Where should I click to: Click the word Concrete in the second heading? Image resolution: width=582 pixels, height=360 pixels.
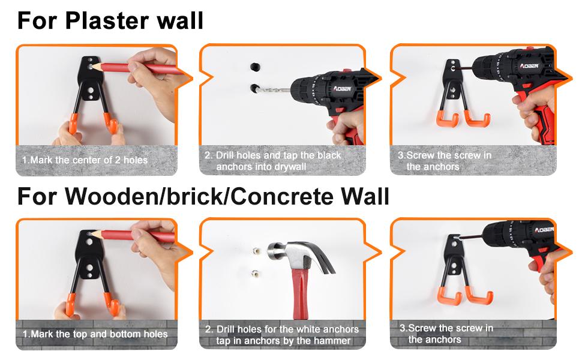pyautogui.click(x=282, y=196)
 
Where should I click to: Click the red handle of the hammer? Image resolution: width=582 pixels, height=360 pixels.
pyautogui.click(x=300, y=293)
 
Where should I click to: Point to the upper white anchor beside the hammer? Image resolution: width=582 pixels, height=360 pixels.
pyautogui.click(x=256, y=251)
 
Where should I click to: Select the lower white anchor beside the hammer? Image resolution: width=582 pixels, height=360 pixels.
pyautogui.click(x=255, y=274)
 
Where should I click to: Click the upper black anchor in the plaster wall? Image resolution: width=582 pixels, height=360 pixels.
pyautogui.click(x=254, y=67)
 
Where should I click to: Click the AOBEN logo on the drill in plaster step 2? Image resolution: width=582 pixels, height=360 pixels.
pyautogui.click(x=342, y=89)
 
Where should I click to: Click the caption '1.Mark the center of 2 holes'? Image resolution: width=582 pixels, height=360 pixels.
pyautogui.click(x=85, y=160)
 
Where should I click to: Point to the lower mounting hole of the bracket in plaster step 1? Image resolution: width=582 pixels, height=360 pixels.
pyautogui.click(x=90, y=90)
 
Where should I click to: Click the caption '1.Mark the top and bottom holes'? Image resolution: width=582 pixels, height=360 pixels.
pyautogui.click(x=95, y=334)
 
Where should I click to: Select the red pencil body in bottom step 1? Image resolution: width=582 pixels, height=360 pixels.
pyautogui.click(x=138, y=236)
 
